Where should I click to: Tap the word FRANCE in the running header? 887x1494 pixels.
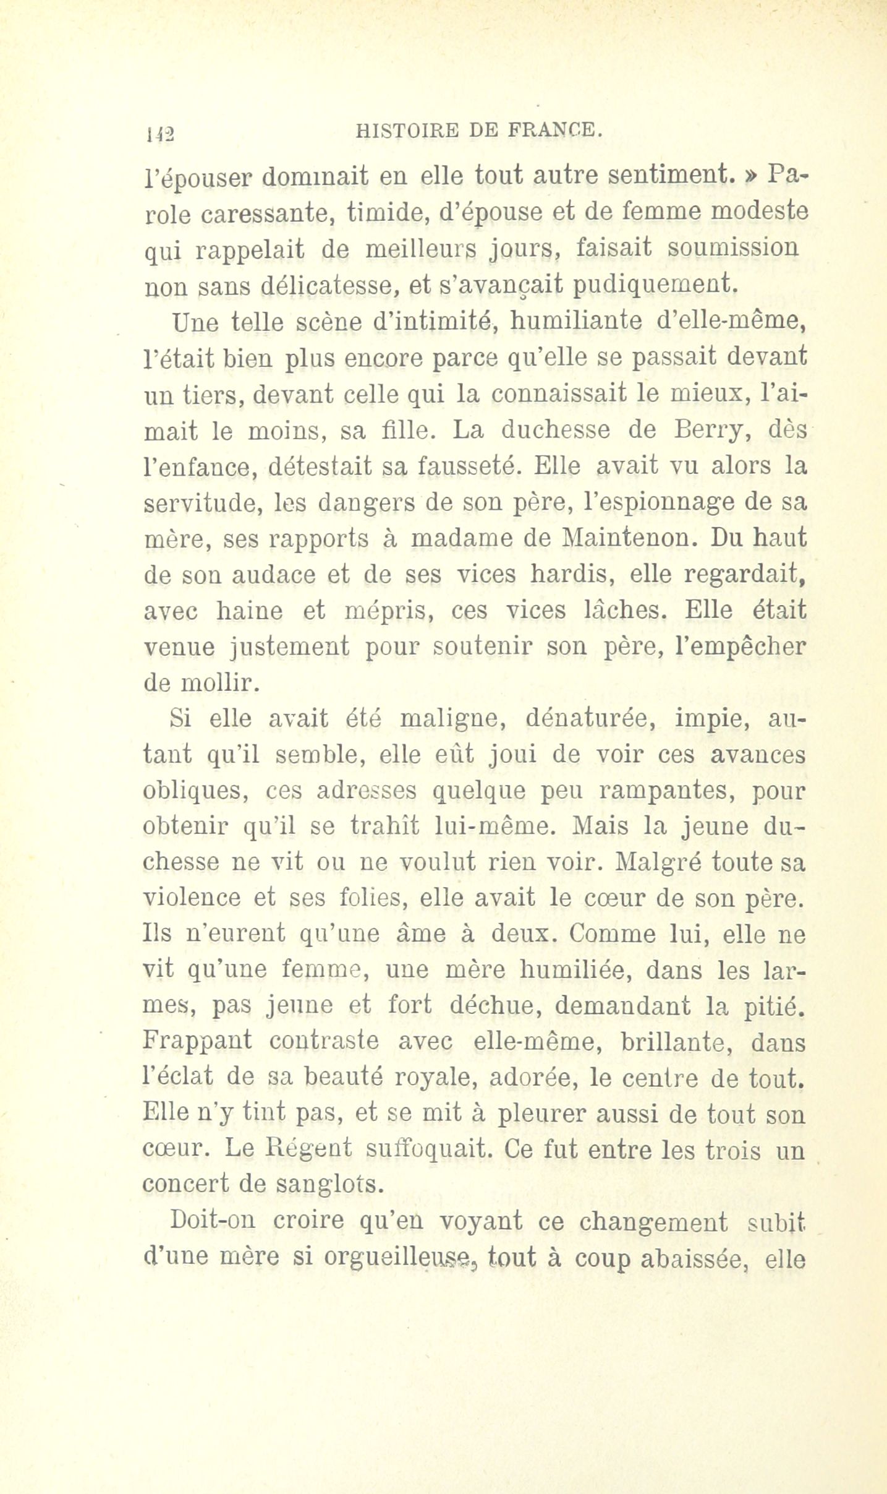pos(553,130)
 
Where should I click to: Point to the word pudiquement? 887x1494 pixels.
pos(655,285)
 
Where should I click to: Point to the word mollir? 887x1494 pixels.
pos(216,684)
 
